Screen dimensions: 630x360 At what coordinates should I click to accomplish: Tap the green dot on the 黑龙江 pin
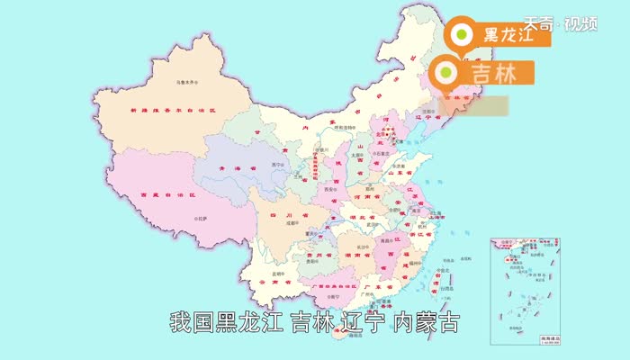pyautogui.click(x=461, y=34)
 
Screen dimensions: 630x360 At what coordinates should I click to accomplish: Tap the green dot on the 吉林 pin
pyautogui.click(x=445, y=72)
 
